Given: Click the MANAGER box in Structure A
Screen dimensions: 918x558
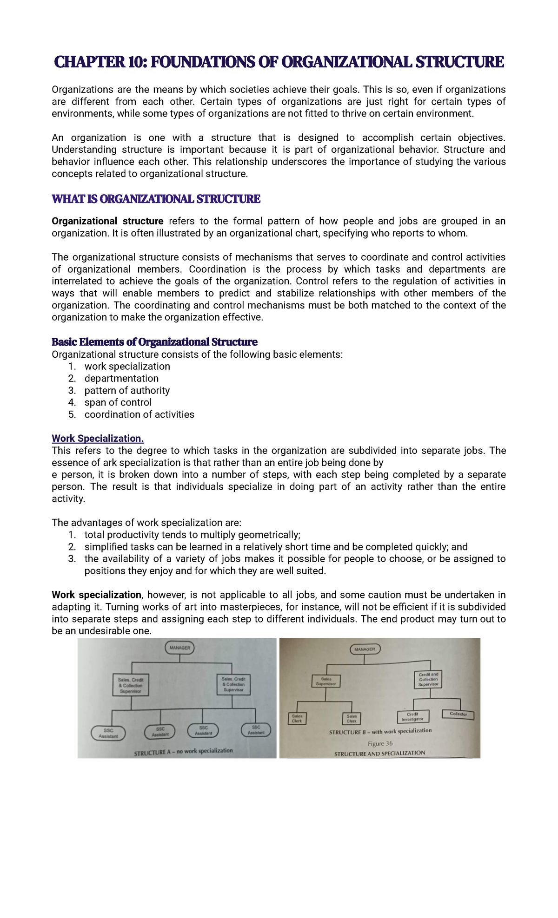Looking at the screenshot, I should (x=179, y=648).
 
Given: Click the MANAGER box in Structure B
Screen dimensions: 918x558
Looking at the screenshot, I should (x=365, y=649).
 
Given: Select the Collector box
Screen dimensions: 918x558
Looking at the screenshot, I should (x=458, y=714).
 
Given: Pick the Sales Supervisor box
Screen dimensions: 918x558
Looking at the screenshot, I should (x=326, y=682).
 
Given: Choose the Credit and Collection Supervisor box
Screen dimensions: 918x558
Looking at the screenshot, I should (x=428, y=679).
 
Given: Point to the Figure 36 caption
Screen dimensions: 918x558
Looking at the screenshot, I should (x=380, y=743).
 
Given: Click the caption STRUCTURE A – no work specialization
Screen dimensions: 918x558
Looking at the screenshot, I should (x=183, y=751).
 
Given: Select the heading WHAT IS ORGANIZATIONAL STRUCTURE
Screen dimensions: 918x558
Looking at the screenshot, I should (x=156, y=199).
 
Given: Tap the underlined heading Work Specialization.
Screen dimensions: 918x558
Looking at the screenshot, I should (x=98, y=439).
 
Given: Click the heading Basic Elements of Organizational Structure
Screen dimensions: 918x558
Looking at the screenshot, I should (x=154, y=342).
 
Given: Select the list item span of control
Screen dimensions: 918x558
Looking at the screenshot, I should (x=118, y=402).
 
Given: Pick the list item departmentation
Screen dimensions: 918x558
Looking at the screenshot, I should (x=121, y=379).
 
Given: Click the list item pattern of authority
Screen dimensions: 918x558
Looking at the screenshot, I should (x=127, y=391).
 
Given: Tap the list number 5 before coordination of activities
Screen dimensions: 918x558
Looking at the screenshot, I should (x=72, y=414).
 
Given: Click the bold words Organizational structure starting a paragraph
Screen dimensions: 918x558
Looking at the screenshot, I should (x=107, y=221).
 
